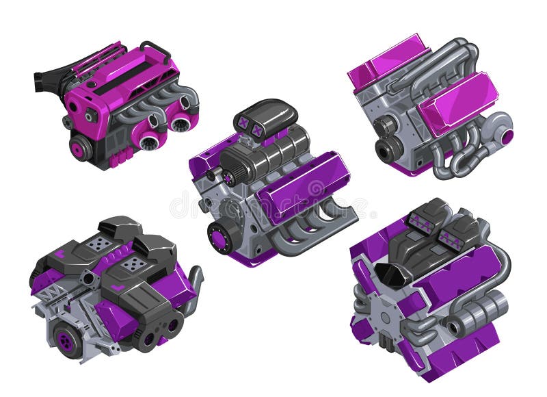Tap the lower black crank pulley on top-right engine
click(388, 149)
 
